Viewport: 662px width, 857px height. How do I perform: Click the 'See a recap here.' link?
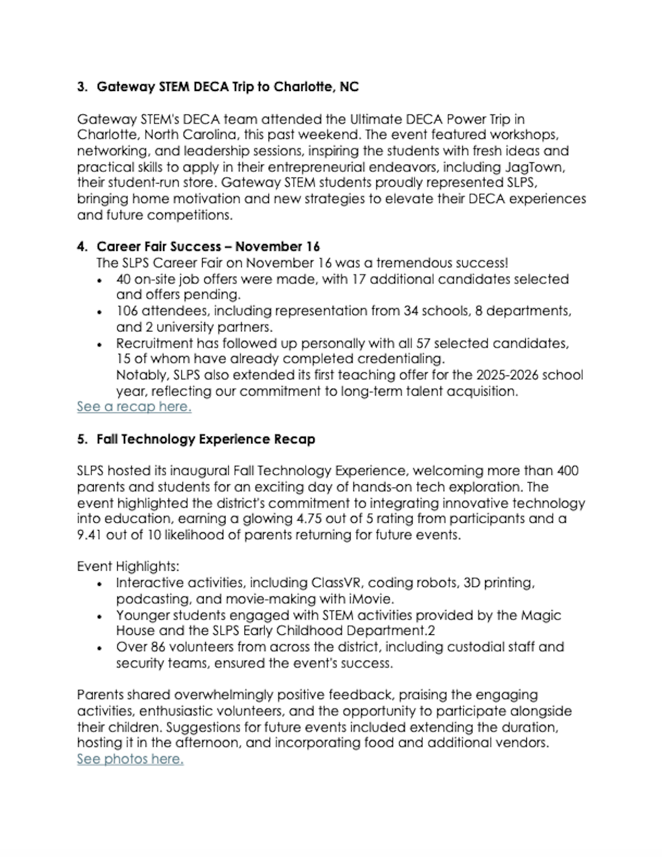134,407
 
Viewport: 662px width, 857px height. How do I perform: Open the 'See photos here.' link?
130,759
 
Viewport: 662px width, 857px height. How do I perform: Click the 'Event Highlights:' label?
128,566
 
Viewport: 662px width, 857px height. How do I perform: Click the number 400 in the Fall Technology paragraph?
568,471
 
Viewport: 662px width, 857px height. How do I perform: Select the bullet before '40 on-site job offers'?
100,280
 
